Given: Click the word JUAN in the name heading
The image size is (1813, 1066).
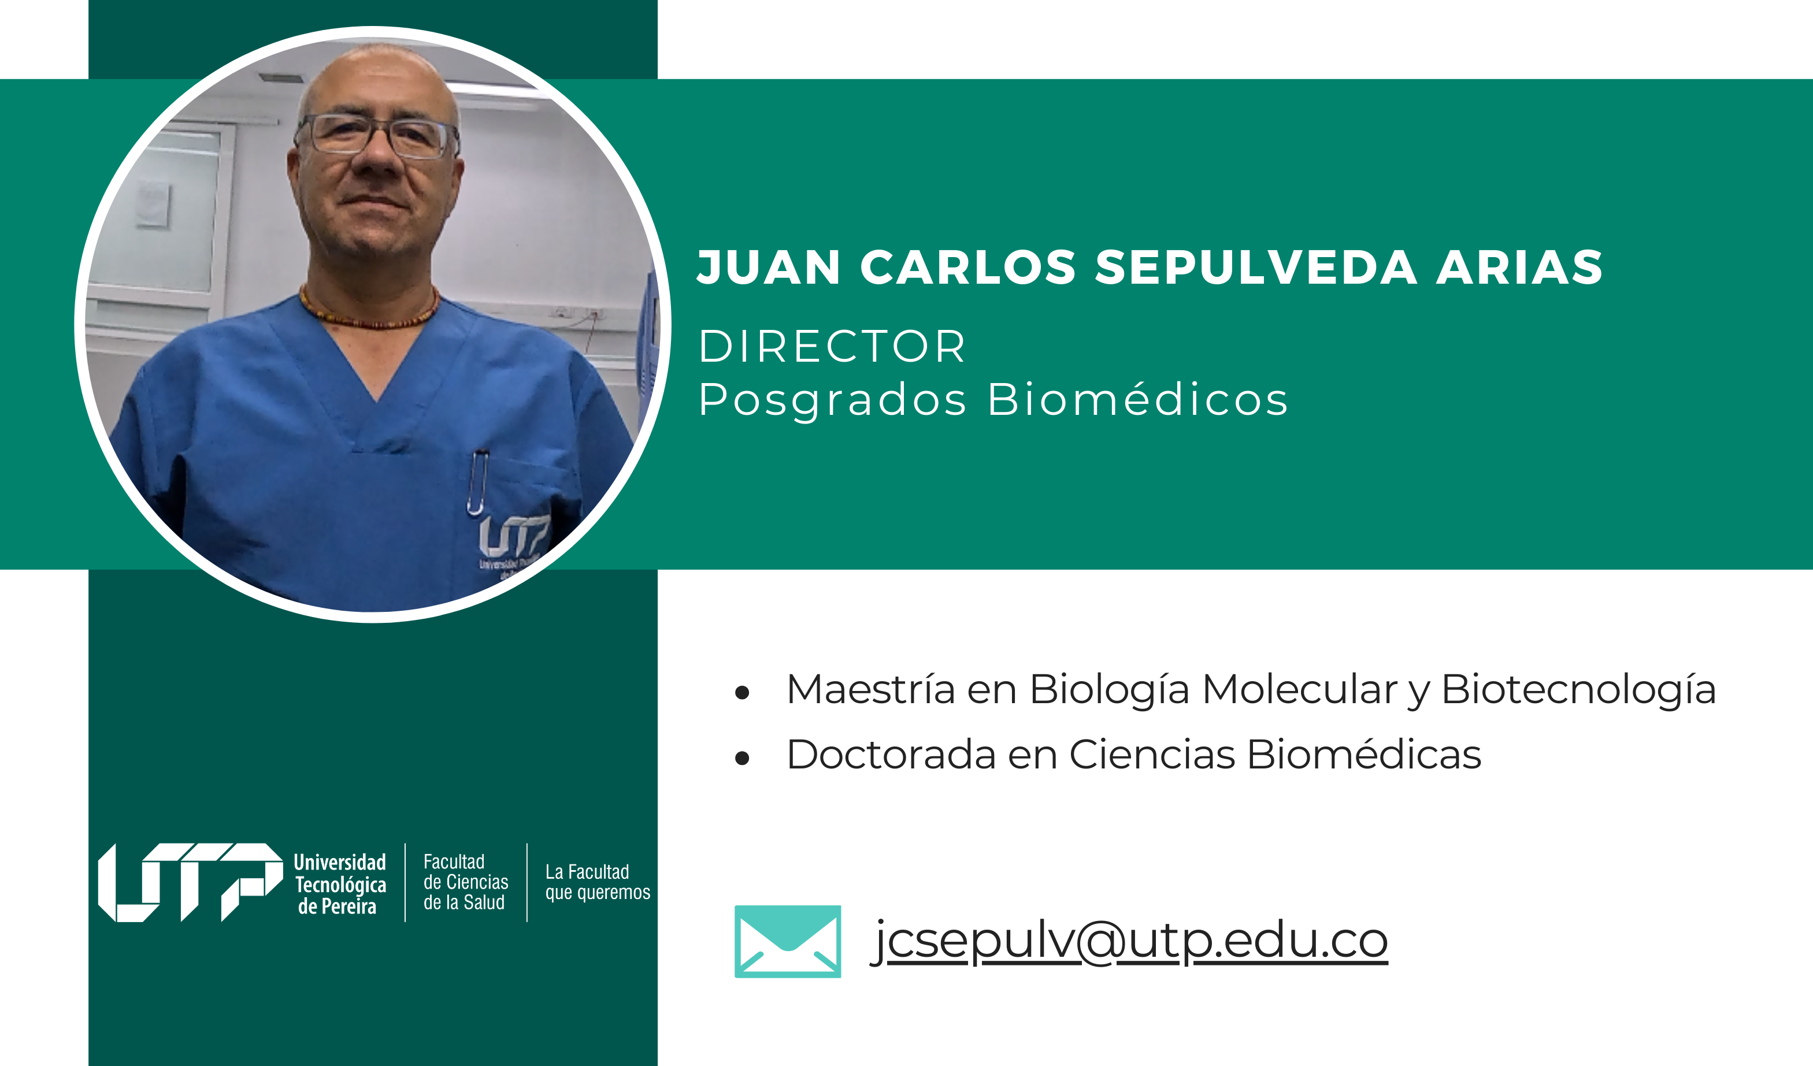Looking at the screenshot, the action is pos(768,267).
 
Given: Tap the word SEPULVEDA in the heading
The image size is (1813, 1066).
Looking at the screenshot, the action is pos(1255,267).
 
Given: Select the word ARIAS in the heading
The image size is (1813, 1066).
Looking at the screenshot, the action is pos(1519,267).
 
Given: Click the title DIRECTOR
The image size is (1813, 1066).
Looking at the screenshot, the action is pos(831,346).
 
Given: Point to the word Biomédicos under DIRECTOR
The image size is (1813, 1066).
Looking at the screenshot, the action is pos(1137,399).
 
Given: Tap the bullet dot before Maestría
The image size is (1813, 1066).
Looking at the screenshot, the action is pos(743,693).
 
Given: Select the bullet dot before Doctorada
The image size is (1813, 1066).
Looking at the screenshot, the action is pos(743,758).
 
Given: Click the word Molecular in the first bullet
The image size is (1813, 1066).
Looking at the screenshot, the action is pos(1300,689).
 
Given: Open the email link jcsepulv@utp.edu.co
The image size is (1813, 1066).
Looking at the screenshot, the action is pos(1129,941).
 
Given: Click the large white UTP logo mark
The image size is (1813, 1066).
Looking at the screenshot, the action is pos(191,883).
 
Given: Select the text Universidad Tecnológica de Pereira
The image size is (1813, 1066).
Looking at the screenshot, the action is pos(340,884).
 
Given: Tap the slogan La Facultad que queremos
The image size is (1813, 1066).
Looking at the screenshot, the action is pos(597,883).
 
